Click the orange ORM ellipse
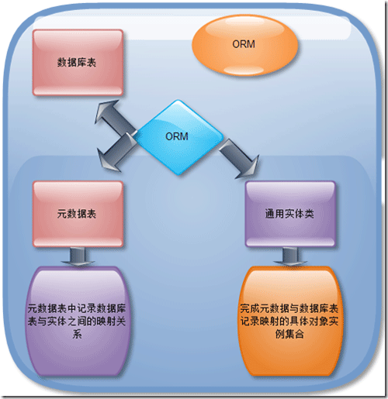tap(244, 45)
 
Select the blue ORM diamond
tap(178, 137)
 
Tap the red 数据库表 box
tap(78, 63)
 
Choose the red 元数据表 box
tap(78, 214)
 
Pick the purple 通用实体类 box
tap(290, 214)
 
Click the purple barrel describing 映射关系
tap(78, 321)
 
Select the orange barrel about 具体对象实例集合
tap(290, 321)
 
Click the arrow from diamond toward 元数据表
tap(116, 153)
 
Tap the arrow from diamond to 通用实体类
tap(239, 159)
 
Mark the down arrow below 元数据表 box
tap(78, 256)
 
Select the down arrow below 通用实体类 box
tap(290, 256)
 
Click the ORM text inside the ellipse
tap(244, 44)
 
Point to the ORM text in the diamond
tap(177, 136)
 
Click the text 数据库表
tap(77, 63)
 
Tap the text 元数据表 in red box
tap(77, 214)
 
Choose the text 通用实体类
tap(289, 214)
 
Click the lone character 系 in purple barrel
tap(77, 335)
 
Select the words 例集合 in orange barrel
tap(289, 335)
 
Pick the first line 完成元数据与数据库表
tap(289, 308)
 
